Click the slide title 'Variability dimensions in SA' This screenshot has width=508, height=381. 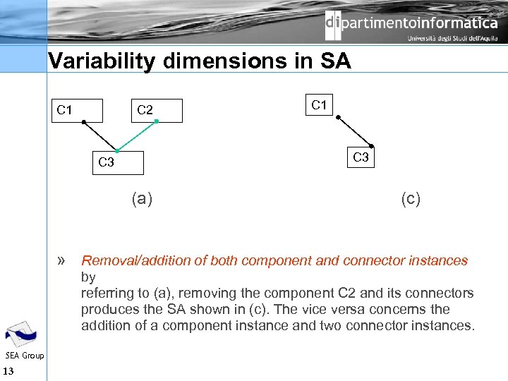click(199, 61)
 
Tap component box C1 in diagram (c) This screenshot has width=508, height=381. click(320, 106)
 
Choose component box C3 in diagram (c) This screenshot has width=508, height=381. click(360, 157)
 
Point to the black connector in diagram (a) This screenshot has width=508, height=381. click(100, 137)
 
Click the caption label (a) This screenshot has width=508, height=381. click(142, 198)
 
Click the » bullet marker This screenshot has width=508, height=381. click(62, 260)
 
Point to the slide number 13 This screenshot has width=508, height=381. click(8, 372)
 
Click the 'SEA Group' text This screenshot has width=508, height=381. click(24, 356)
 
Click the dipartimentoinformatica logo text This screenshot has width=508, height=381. click(411, 23)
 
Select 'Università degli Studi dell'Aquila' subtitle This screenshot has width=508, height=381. click(452, 40)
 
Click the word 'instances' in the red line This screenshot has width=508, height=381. click(440, 261)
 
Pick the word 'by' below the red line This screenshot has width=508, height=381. click(88, 277)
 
